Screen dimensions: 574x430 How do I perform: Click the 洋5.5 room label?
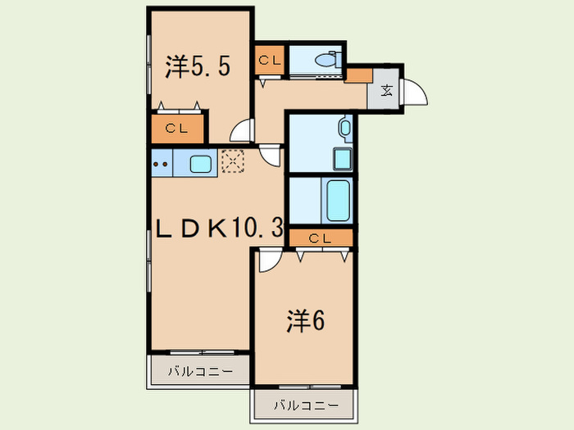(x=198, y=66)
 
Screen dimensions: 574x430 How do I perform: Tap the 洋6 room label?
(x=306, y=321)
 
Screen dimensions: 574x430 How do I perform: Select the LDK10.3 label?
(x=220, y=228)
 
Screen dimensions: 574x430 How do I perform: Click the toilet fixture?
(x=328, y=60)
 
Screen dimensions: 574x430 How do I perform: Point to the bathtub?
(x=338, y=201)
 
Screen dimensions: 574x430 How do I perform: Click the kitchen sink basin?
(x=200, y=164)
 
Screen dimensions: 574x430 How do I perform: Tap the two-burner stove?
(x=162, y=164)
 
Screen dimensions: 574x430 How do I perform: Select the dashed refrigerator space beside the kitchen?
(x=233, y=161)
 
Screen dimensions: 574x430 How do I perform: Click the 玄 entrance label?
(x=386, y=90)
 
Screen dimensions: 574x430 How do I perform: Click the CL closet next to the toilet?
(x=270, y=60)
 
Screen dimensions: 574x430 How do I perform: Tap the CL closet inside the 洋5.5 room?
(x=177, y=129)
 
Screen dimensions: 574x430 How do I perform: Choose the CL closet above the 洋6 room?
(x=321, y=238)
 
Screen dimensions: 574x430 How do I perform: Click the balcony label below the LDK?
(x=201, y=372)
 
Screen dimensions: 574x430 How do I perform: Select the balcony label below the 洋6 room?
(x=306, y=405)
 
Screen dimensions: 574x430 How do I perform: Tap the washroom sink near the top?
(x=345, y=128)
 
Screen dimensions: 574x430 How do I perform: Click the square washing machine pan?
(x=342, y=159)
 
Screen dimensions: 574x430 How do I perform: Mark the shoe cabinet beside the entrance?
(x=359, y=75)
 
